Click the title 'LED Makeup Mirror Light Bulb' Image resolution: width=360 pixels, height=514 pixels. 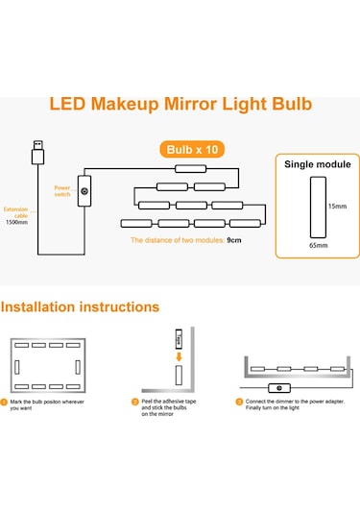(180, 104)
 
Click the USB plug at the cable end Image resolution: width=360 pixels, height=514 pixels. (36, 154)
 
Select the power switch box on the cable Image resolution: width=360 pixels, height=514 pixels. (84, 191)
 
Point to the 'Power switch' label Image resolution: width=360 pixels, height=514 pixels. (62, 191)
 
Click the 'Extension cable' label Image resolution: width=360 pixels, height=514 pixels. (16, 212)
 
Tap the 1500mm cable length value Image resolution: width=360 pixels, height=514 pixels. (16, 223)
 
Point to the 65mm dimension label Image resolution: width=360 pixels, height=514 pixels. (316, 246)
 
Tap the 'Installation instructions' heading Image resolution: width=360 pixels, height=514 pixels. (80, 307)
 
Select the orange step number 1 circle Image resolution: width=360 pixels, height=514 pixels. (5, 401)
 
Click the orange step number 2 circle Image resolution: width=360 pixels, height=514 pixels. (135, 401)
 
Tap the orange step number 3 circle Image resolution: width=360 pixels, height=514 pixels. (239, 401)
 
